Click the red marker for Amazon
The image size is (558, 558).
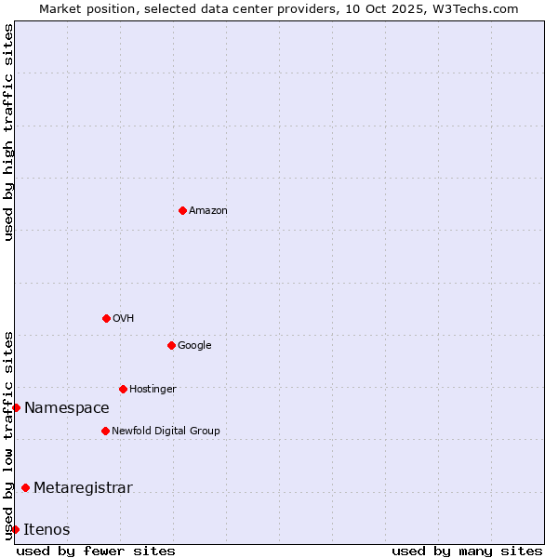click(x=182, y=210)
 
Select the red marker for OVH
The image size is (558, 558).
click(x=106, y=318)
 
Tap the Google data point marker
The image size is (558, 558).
click(x=171, y=345)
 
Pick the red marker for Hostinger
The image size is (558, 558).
click(x=123, y=389)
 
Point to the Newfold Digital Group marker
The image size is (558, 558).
click(x=105, y=431)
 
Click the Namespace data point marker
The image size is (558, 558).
click(x=16, y=407)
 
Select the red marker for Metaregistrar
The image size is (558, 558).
click(x=25, y=487)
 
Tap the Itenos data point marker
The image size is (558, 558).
click(x=15, y=529)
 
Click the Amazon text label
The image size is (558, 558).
click(x=208, y=211)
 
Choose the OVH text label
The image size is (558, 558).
click(x=124, y=319)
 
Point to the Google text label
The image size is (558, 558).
click(x=195, y=346)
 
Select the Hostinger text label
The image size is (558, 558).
click(x=153, y=390)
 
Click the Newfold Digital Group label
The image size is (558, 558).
click(x=166, y=432)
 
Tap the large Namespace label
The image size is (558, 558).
click(x=67, y=408)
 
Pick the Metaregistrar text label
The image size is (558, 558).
click(x=84, y=488)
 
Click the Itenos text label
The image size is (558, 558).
click(x=47, y=530)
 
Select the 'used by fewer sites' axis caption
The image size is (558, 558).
click(x=96, y=551)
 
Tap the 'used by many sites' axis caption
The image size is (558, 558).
click(x=467, y=551)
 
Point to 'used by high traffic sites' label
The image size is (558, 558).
click(x=9, y=132)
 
